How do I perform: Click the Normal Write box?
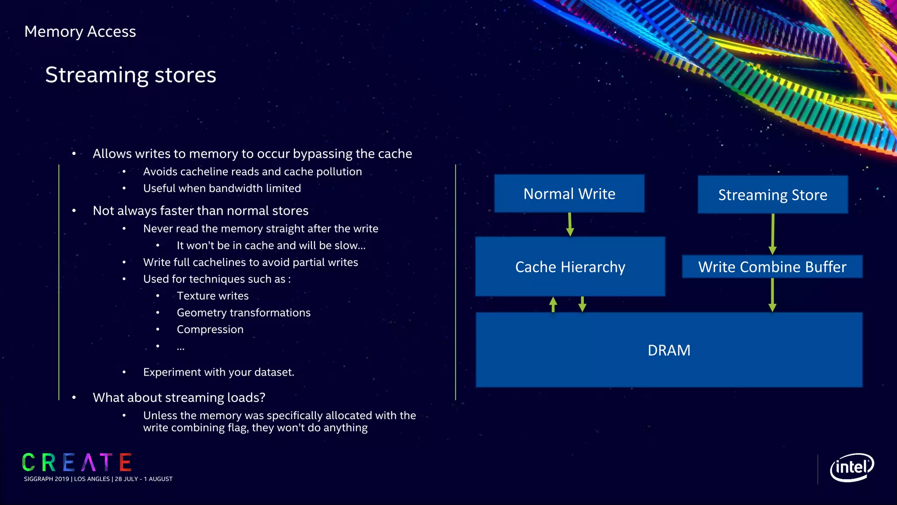tap(569, 194)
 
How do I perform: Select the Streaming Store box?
tap(772, 195)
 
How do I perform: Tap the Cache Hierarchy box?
tap(570, 267)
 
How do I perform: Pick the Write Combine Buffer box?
tap(772, 267)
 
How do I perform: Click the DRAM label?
tap(669, 350)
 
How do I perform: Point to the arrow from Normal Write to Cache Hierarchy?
tap(570, 224)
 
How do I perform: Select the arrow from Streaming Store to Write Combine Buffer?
tap(773, 234)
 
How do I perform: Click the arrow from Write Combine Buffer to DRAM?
tap(772, 295)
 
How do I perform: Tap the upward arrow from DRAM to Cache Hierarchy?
tap(553, 304)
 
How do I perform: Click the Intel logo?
tap(851, 467)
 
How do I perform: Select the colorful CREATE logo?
tap(77, 462)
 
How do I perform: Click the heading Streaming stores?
tap(131, 75)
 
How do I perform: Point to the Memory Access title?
tap(80, 32)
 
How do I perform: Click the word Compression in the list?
tap(210, 330)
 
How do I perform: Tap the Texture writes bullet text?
tap(212, 296)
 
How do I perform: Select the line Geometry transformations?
tap(244, 313)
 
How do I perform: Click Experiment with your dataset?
tap(219, 372)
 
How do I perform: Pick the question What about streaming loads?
tap(179, 398)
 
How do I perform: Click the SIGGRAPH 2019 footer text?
tap(98, 479)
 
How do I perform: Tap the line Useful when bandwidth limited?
tap(222, 188)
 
